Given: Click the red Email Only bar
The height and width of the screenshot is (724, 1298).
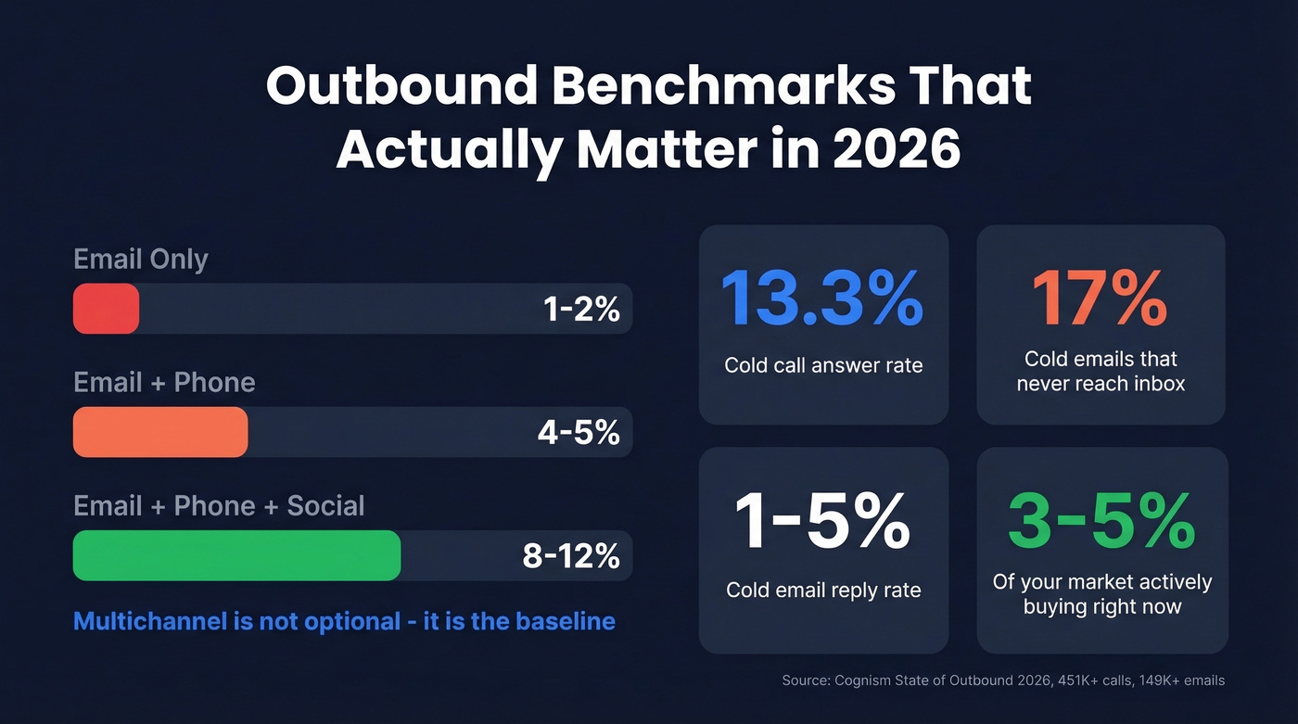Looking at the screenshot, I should point(106,309).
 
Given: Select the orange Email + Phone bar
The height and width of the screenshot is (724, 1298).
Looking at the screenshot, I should point(160,432).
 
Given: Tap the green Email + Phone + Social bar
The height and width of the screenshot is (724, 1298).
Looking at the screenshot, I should point(236,555).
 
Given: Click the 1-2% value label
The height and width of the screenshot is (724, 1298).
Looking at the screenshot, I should point(581,310).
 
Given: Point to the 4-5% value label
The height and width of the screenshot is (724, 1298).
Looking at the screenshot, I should point(579,433).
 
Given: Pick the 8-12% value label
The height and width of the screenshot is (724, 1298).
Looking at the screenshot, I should point(571,556).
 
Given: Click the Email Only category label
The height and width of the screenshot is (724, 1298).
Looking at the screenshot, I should point(141,259).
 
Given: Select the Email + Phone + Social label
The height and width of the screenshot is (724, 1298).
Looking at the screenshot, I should point(219,505).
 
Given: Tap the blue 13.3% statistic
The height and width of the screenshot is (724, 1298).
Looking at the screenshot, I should point(822,298).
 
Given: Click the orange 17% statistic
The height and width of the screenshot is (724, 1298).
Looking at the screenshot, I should point(1100,298).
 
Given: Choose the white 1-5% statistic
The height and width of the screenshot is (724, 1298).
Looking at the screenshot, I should point(822,521).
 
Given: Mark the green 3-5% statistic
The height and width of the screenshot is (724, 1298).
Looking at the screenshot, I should point(1101,521).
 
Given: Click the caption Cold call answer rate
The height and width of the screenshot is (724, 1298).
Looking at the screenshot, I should point(823,365).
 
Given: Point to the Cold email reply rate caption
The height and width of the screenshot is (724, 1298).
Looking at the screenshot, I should point(823,591).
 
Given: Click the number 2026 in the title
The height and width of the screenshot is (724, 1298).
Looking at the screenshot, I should point(896,149).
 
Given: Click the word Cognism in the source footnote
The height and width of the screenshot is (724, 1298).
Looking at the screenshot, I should point(863,680).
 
